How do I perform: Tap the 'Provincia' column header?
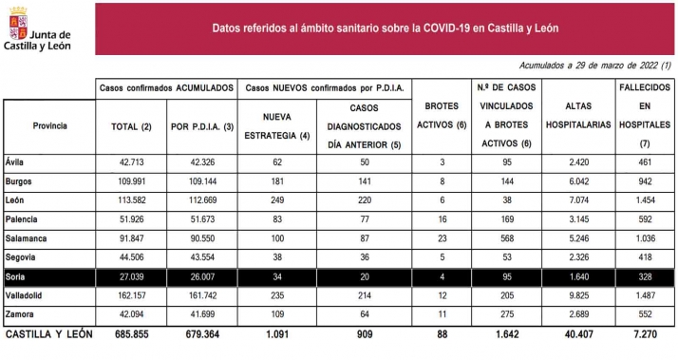tap(49, 124)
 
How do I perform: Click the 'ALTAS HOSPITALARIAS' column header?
tap(579, 124)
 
